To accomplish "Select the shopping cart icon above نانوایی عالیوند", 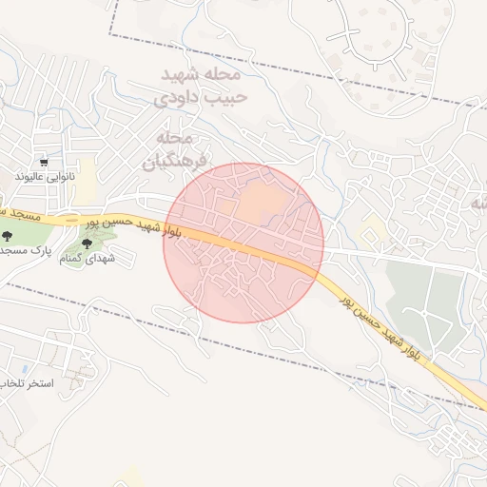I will click(44, 163).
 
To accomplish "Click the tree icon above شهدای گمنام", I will click(88, 244).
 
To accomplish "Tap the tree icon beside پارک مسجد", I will click(8, 235).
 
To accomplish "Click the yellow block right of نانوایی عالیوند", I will click(87, 175).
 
